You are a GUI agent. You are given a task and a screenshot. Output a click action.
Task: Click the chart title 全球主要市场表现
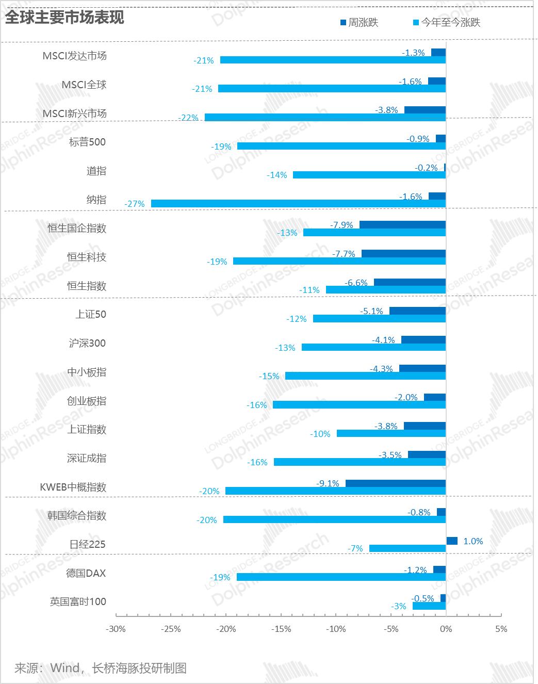click(64, 17)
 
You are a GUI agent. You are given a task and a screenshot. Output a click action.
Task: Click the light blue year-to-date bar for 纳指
click(298, 204)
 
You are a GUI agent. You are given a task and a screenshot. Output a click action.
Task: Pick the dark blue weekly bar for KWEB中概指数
click(395, 483)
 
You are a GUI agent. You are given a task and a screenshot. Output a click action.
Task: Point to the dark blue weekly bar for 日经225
click(452, 541)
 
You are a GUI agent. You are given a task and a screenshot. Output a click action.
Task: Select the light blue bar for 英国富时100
click(429, 606)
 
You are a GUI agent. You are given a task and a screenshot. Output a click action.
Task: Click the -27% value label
click(135, 204)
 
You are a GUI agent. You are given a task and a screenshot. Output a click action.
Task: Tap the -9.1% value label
click(328, 483)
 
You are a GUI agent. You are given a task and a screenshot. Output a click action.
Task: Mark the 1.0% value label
click(473, 541)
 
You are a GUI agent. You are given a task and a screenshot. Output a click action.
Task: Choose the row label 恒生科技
click(87, 257)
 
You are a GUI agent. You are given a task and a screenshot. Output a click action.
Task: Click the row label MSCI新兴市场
click(75, 113)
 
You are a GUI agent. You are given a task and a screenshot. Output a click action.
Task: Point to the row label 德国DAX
click(86, 573)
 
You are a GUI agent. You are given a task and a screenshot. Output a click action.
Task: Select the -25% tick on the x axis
click(171, 629)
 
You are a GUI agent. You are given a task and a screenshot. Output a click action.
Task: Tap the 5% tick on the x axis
click(501, 629)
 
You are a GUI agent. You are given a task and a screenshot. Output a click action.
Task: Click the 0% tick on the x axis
click(446, 629)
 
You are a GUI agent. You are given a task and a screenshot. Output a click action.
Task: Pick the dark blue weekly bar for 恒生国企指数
click(402, 225)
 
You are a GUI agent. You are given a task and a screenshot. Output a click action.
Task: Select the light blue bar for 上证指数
click(391, 433)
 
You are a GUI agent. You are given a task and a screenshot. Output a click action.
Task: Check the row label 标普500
click(87, 142)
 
